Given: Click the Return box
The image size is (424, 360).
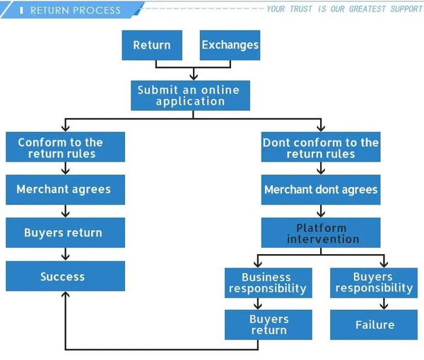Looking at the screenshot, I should (152, 45).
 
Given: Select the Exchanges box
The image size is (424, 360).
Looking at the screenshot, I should (230, 45).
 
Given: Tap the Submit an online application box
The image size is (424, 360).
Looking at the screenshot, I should (190, 95).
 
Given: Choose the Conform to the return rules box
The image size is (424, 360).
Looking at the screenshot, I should (65, 148).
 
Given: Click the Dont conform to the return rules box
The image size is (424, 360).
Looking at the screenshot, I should (321, 148).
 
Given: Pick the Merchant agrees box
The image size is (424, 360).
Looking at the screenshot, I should (65, 190).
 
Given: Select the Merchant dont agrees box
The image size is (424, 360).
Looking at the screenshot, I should (321, 190).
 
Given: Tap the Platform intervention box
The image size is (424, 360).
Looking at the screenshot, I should (321, 233).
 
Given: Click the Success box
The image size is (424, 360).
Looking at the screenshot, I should (65, 277).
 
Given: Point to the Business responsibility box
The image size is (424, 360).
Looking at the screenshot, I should (268, 282).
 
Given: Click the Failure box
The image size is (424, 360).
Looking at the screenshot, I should (374, 325).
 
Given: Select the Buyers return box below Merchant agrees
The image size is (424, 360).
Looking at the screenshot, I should (65, 233).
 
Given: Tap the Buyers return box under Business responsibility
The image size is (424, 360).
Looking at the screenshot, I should (268, 325).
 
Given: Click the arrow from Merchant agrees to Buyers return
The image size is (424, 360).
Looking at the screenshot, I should (65, 211).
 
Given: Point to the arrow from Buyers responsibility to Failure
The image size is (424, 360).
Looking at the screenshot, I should (384, 304).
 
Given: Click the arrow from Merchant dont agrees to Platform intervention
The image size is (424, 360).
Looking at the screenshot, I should (321, 211).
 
